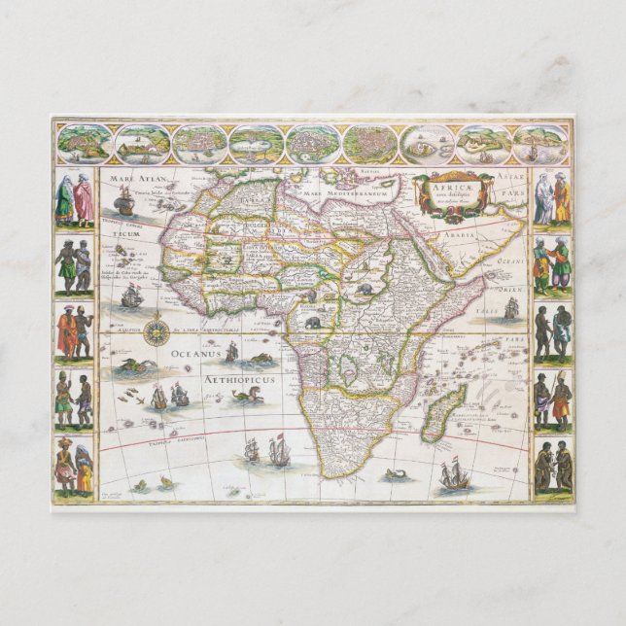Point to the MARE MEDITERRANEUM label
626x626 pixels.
[x=341, y=194]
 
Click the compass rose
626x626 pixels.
[x=156, y=332]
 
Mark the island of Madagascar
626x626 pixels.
[x=446, y=400]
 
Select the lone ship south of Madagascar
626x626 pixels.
[x=453, y=475]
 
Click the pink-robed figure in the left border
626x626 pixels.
[x=84, y=199]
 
